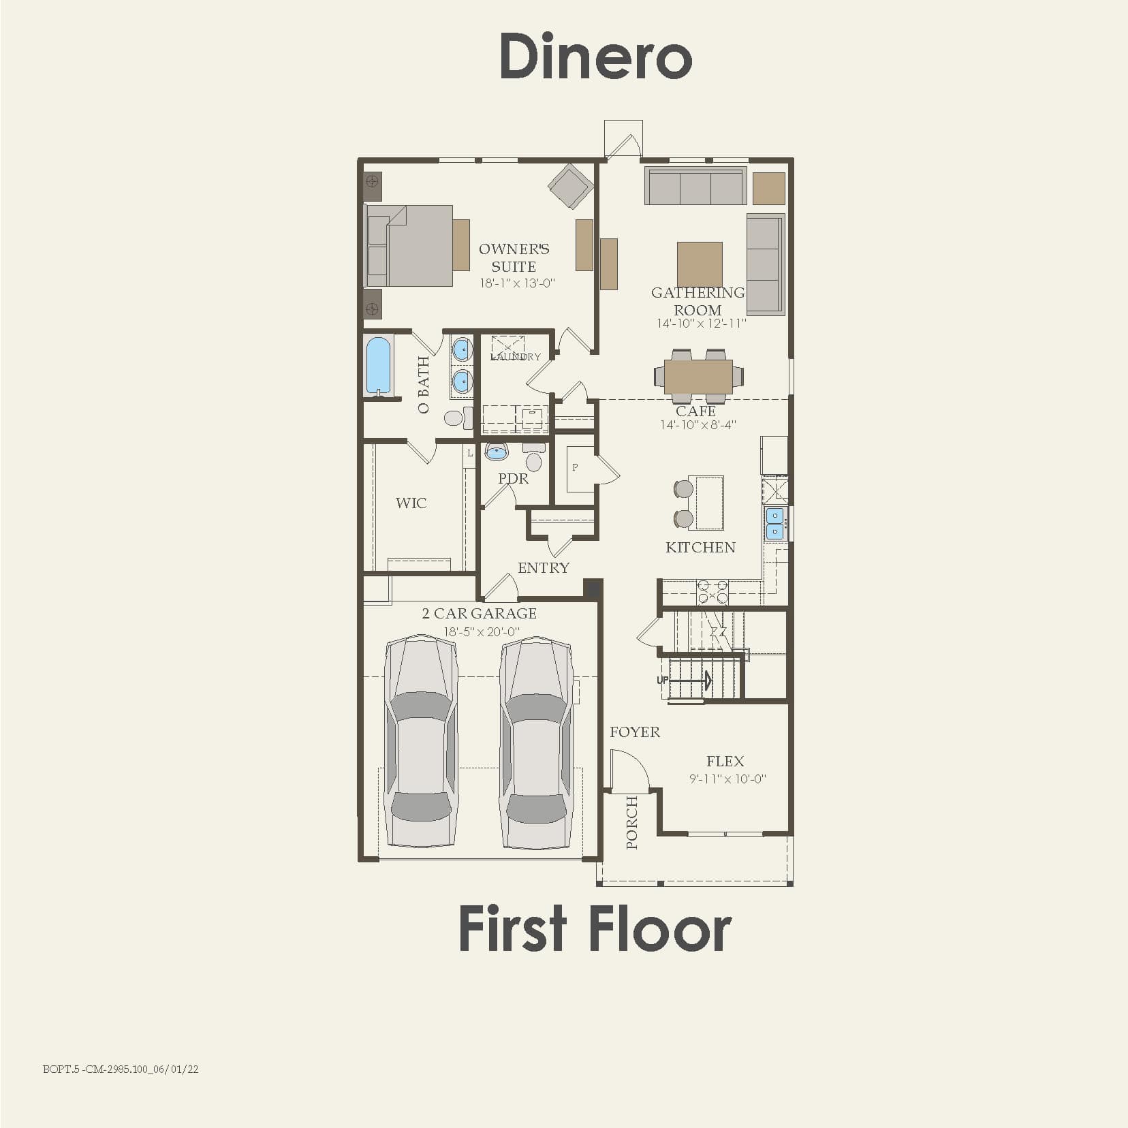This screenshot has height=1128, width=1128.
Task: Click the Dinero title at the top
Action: point(596,57)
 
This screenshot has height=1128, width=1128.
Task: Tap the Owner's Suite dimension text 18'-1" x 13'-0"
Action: point(517,283)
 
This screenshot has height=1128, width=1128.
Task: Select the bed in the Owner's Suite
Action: point(411,246)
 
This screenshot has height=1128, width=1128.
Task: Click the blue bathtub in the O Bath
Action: point(379,366)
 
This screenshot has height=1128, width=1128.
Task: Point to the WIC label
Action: point(411,503)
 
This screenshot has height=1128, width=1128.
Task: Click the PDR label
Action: point(513,479)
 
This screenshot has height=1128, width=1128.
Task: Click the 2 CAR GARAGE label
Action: point(480,614)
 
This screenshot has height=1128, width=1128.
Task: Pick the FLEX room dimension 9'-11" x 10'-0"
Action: point(727,779)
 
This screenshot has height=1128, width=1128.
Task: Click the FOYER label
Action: point(634,732)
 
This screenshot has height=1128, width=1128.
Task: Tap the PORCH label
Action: point(632,823)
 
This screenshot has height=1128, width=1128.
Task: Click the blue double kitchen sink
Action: point(774,523)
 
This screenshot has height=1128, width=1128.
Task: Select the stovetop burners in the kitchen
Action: point(712,591)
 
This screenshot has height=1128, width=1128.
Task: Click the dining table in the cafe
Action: point(698,376)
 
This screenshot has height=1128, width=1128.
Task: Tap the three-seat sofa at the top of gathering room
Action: point(695,187)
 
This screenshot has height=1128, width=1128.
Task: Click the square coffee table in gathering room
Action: point(700,264)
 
